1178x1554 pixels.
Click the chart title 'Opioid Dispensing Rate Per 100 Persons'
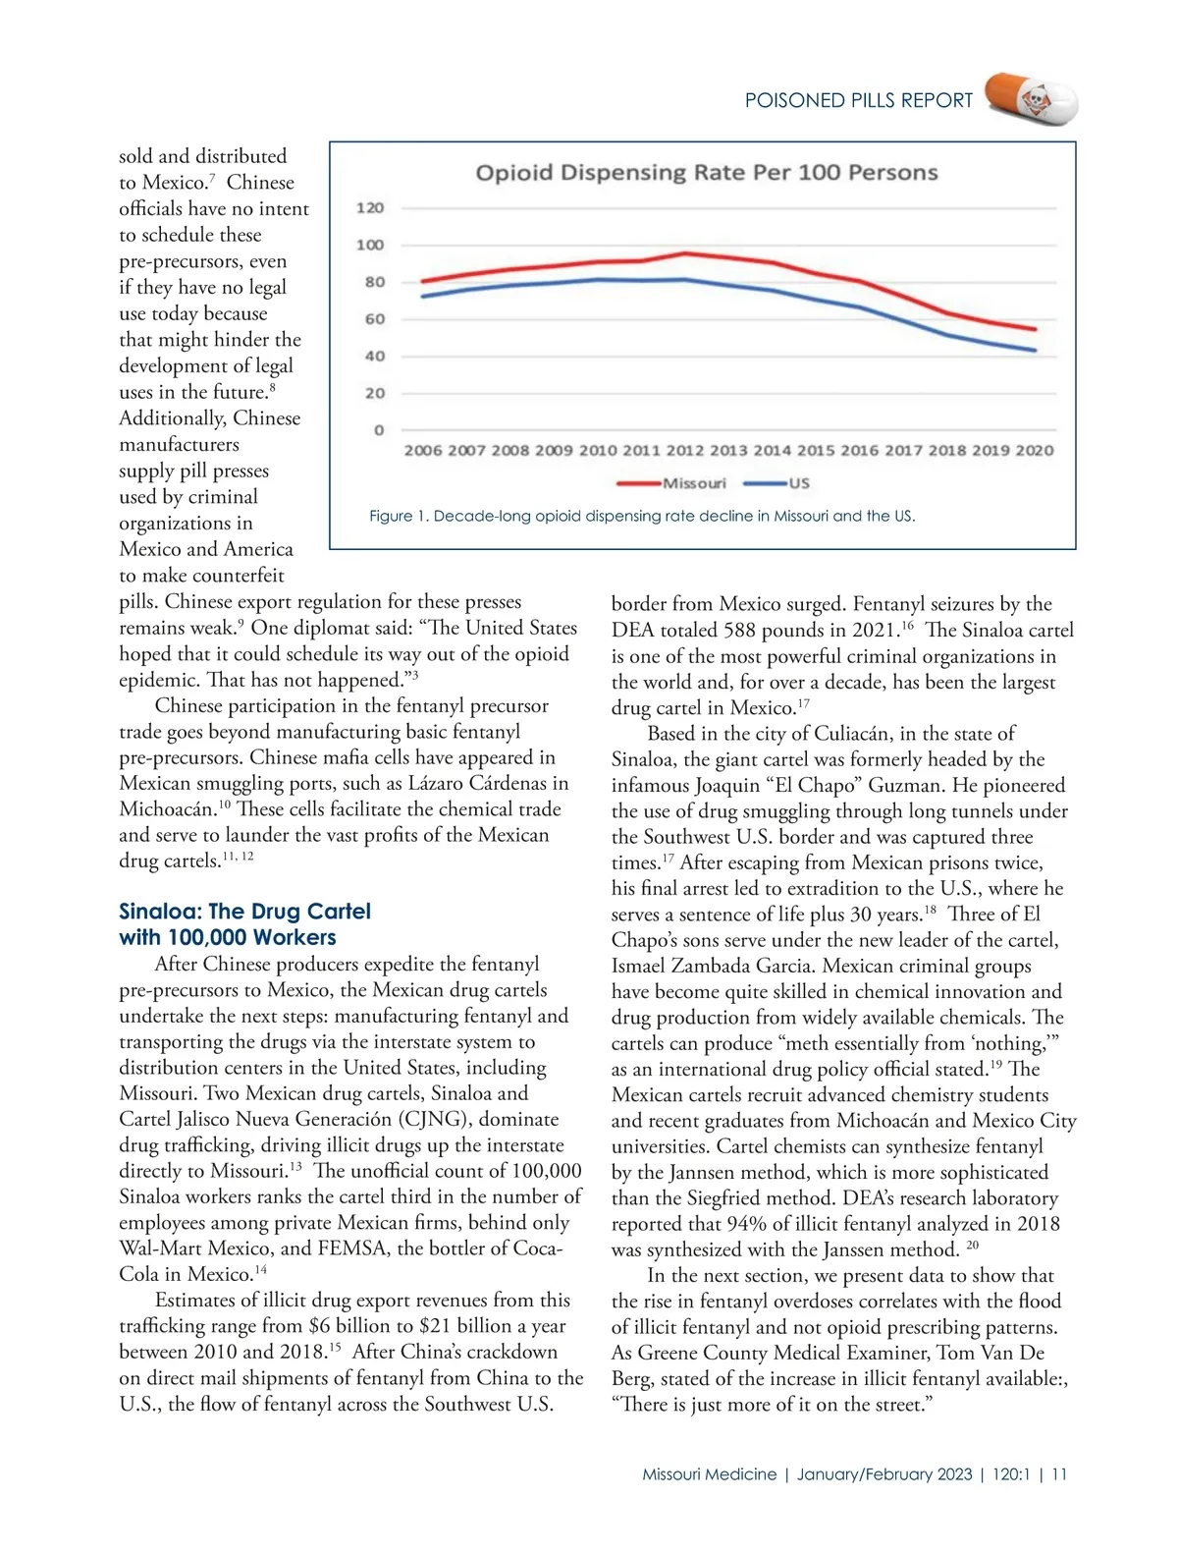707,173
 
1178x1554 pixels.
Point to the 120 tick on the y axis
370,208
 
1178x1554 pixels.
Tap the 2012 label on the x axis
684,450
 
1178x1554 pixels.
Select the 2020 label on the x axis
1035,450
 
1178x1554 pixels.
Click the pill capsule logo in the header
1031,99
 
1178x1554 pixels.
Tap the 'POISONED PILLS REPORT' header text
859,100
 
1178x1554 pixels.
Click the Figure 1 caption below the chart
642,516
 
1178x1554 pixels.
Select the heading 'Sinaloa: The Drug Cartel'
244,912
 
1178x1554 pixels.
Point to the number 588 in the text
769,630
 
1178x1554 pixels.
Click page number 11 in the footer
1059,1474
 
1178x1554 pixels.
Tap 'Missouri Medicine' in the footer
709,1474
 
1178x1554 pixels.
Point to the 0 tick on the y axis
378,430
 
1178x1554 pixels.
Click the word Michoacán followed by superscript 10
166,809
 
